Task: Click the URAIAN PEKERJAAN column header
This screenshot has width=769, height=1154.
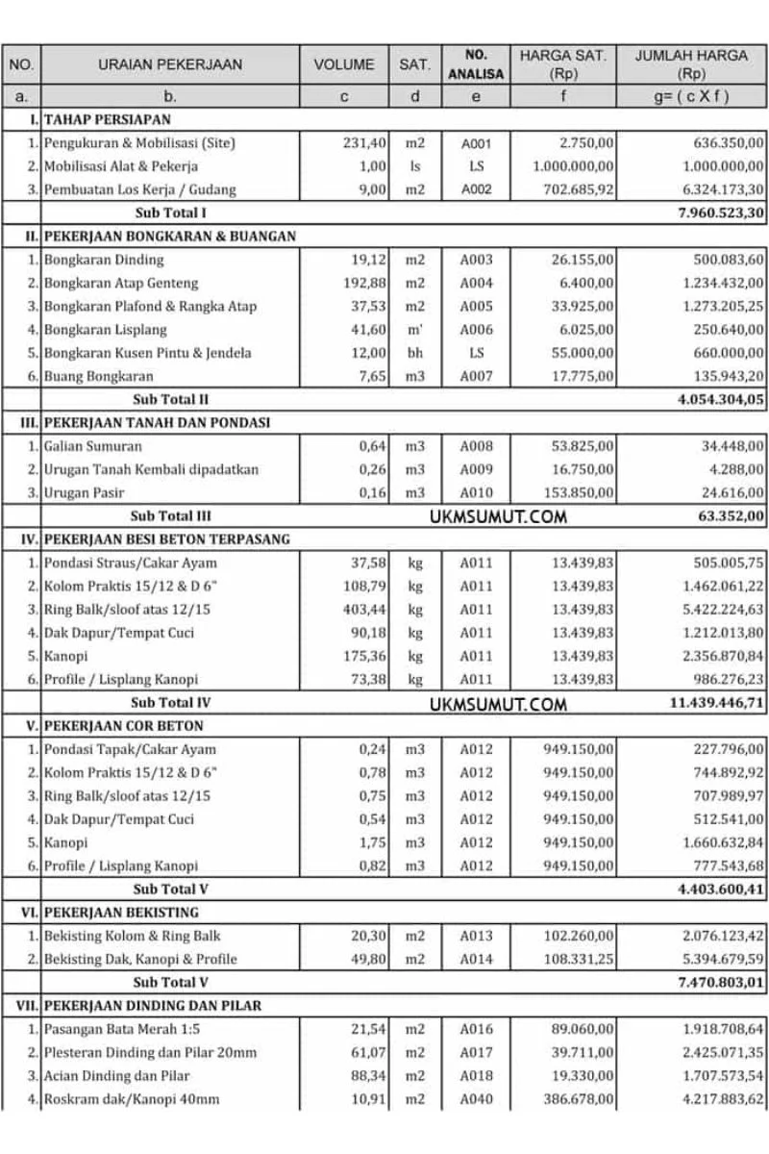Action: pos(170,65)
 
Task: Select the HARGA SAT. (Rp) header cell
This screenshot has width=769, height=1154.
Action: pos(562,64)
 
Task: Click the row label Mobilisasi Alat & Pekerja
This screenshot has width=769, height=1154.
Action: pos(120,166)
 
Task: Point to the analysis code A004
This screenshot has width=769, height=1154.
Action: pos(476,283)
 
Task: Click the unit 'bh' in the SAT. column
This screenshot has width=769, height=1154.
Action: pos(414,353)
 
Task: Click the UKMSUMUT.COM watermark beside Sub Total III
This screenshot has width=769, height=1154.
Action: pos(498,516)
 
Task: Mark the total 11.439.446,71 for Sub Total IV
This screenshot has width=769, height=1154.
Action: pos(717,703)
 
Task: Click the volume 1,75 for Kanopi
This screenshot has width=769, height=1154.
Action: pos(372,842)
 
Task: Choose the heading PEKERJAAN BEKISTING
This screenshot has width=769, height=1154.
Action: pos(121,912)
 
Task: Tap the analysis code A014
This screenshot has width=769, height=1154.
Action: pos(476,959)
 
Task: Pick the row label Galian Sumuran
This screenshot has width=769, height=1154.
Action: pos(92,446)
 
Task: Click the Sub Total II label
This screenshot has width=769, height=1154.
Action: pos(171,399)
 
